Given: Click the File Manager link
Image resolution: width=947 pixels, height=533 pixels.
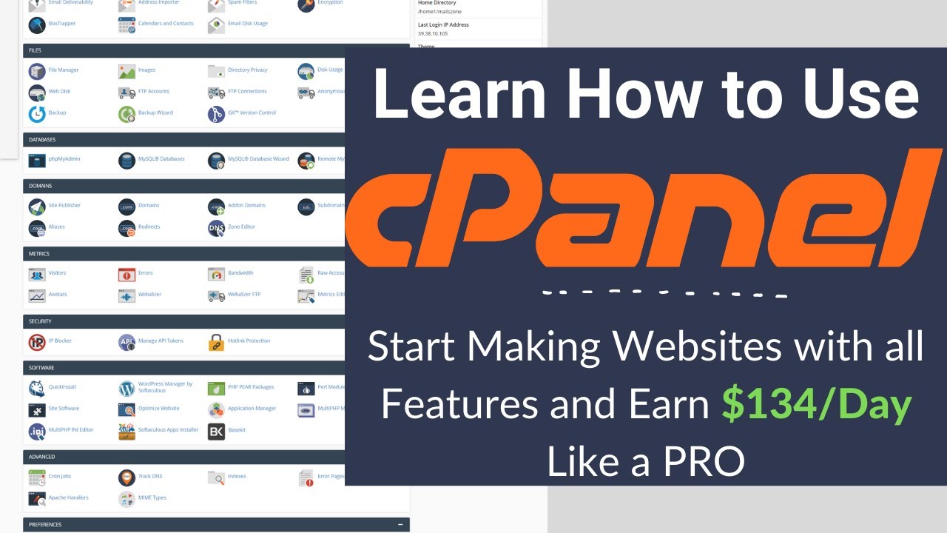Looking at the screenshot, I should point(63,70).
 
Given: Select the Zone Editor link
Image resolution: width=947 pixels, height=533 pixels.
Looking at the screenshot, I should point(241,227).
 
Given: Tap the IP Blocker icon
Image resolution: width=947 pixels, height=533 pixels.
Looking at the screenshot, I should point(37,342).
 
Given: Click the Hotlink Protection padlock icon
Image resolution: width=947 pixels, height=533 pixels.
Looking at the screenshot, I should point(216,342).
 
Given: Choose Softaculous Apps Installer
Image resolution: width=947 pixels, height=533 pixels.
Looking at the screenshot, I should point(168,430).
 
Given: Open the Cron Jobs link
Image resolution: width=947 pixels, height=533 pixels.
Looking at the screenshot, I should point(59,477).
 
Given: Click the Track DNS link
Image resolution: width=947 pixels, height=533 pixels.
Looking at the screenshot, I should point(150,477).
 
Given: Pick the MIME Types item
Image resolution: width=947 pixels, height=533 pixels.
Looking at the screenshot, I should point(152,498).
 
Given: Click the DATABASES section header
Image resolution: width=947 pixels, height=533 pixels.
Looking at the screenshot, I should point(42,140).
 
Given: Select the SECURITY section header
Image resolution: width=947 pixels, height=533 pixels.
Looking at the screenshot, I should point(40,322).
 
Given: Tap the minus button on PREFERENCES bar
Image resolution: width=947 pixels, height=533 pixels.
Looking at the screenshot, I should point(400,525).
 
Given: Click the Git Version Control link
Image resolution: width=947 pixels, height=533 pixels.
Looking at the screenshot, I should point(252,113).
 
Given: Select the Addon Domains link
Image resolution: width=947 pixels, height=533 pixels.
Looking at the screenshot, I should point(246,206).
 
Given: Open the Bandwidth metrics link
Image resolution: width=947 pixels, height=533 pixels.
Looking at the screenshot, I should point(240,273).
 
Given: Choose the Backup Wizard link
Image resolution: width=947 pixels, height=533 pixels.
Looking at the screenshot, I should point(155,113).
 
